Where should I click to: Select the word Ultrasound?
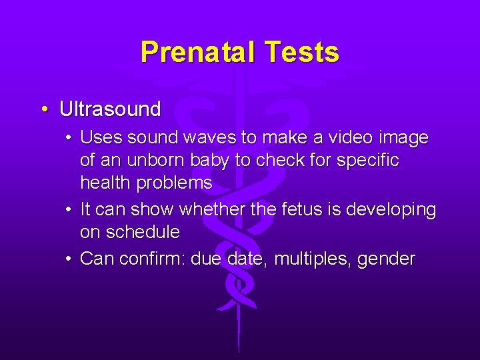click(x=110, y=109)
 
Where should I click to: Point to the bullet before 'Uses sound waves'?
click(x=69, y=138)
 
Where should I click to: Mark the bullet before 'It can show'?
click(x=69, y=210)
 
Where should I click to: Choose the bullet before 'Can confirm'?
click(x=69, y=259)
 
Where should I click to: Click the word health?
click(x=105, y=183)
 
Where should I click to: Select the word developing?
click(x=389, y=210)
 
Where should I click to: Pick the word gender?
click(x=386, y=259)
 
